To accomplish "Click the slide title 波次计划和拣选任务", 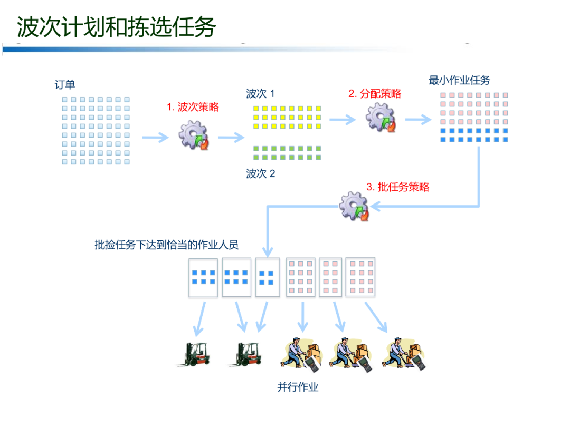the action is [117, 27].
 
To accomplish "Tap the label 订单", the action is [65, 85].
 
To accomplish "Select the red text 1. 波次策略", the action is [193, 107].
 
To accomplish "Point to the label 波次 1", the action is [260, 94].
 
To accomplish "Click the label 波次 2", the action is [260, 173].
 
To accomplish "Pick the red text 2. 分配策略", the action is [374, 94].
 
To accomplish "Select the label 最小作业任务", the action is [459, 80].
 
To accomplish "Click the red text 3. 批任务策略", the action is [397, 187].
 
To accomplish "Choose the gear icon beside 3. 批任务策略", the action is [354, 206].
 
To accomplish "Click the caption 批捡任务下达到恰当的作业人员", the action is [167, 245].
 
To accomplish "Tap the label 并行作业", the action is [298, 387].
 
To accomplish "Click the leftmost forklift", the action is [194, 354].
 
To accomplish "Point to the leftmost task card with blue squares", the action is [203, 277].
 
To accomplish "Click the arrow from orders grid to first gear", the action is [156, 138].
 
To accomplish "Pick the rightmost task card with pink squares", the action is [360, 277].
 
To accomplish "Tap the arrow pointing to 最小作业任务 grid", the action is [418, 120].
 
